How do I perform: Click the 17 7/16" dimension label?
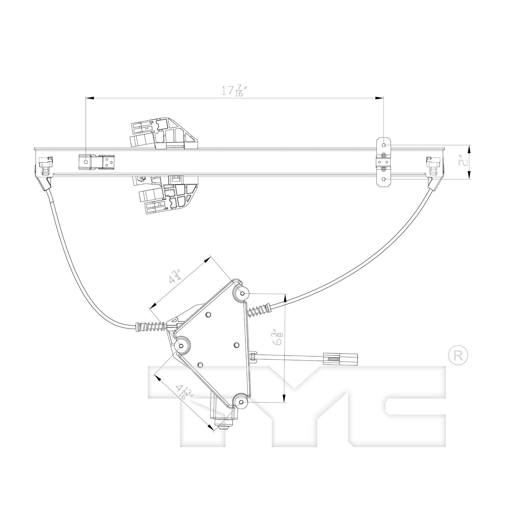click(232, 91)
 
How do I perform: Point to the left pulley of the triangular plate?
click(182, 345)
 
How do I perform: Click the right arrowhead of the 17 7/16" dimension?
click(380, 98)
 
